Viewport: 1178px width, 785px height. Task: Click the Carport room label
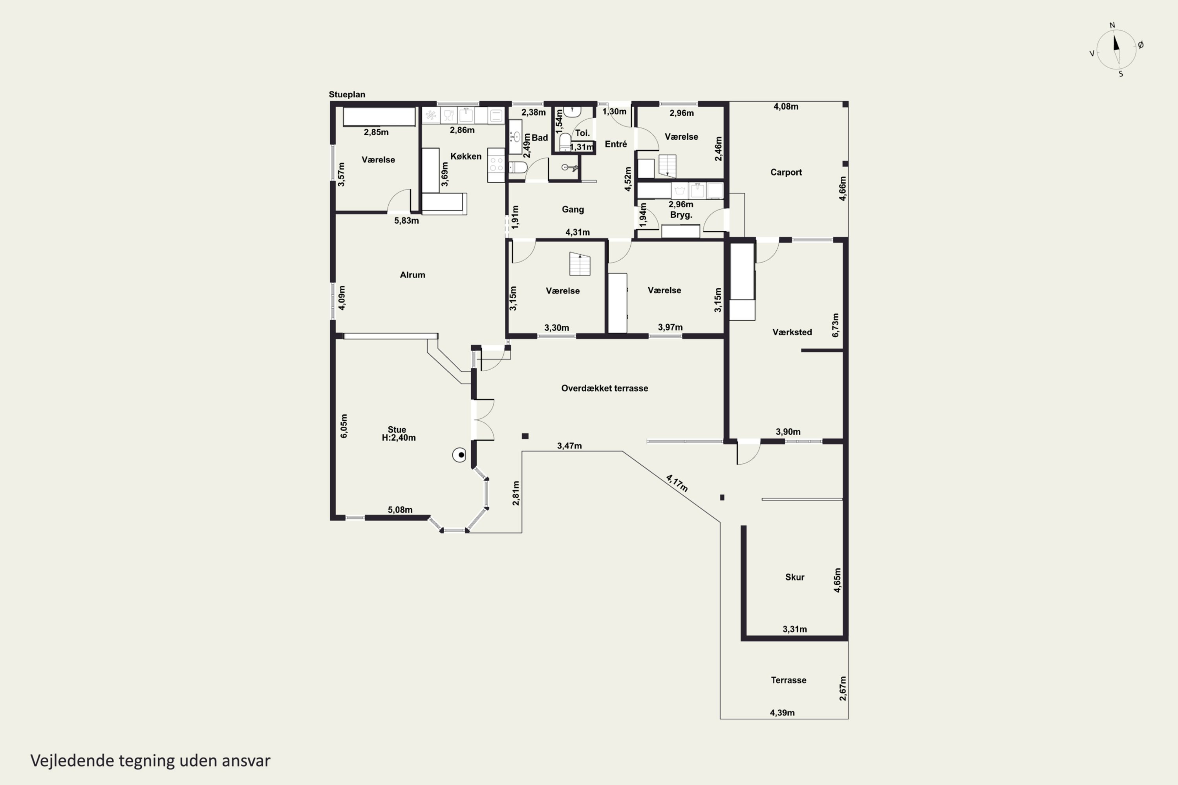click(x=786, y=172)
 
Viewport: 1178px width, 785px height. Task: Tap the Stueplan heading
click(x=347, y=94)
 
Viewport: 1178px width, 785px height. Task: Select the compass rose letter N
click(x=1112, y=25)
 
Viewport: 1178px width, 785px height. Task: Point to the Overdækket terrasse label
click(x=605, y=388)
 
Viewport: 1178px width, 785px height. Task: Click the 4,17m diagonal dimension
click(x=677, y=483)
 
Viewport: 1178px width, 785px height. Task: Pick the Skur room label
click(x=795, y=577)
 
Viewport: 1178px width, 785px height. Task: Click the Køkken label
click(x=466, y=156)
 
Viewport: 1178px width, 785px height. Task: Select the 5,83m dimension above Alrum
click(x=406, y=220)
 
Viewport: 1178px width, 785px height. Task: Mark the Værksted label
click(x=792, y=332)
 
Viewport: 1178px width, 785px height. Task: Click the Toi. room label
click(x=582, y=133)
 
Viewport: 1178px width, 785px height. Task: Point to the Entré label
click(x=616, y=144)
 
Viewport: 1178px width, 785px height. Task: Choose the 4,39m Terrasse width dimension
click(x=782, y=713)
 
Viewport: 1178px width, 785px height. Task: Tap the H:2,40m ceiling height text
click(x=399, y=438)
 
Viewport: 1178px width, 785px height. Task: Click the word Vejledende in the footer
click(x=72, y=761)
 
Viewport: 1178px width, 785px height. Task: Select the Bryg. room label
click(x=681, y=215)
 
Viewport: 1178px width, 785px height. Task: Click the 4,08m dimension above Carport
click(x=786, y=106)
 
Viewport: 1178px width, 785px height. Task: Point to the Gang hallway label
click(x=573, y=209)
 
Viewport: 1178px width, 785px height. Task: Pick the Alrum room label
click(x=412, y=275)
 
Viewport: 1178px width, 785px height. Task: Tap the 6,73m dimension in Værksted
click(x=836, y=325)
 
